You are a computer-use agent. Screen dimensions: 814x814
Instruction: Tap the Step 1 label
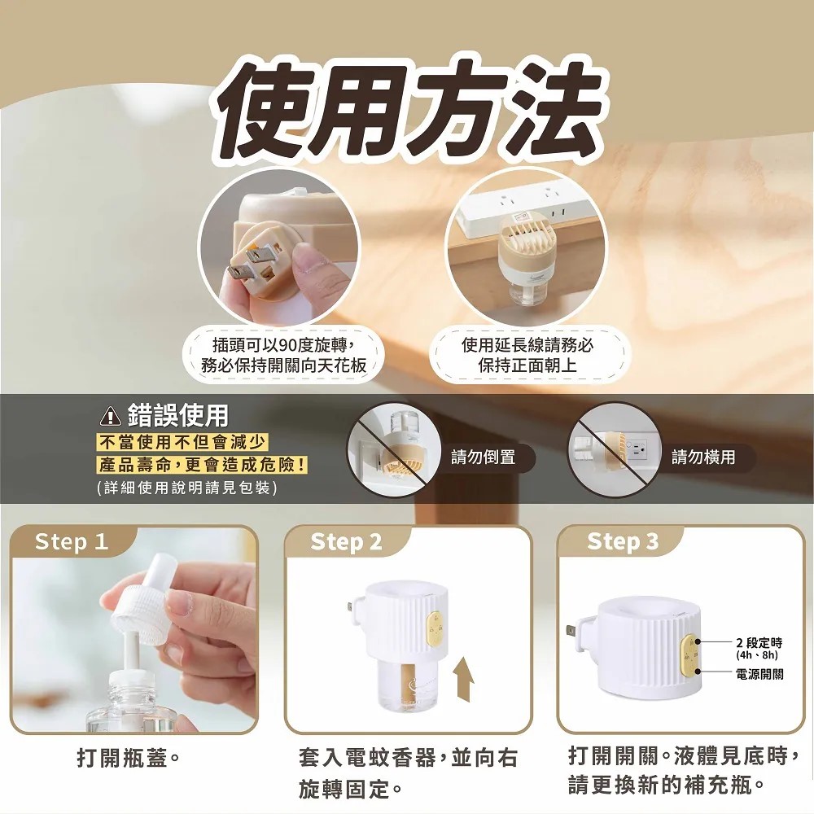(71, 542)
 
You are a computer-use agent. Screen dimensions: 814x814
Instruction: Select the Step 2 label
(346, 542)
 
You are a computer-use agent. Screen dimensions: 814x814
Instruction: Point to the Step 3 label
(623, 542)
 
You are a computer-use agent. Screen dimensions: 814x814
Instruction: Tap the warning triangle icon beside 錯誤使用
(110, 416)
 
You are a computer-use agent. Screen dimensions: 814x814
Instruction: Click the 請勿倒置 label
(483, 457)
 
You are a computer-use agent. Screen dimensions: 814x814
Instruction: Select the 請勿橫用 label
(703, 457)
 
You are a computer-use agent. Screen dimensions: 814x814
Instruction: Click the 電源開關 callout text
(759, 674)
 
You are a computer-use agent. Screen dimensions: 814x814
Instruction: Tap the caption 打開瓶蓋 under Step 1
(129, 759)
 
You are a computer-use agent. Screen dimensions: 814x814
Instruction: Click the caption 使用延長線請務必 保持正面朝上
(527, 355)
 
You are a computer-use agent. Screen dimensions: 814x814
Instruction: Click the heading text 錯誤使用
(178, 415)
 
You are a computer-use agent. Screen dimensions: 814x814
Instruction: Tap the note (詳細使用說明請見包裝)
(187, 488)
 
